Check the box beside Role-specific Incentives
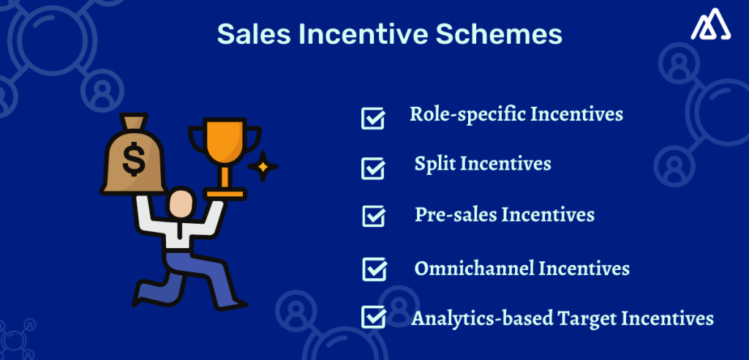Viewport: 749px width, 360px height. tap(373, 118)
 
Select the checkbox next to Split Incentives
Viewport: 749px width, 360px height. tap(373, 168)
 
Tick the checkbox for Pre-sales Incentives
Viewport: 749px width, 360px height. tap(374, 217)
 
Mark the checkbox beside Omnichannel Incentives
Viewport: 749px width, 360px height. tap(374, 269)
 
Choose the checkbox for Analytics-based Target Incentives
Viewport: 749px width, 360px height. tap(374, 317)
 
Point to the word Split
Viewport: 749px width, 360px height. tap(434, 164)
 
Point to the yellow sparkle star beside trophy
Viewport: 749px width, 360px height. tap(262, 168)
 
